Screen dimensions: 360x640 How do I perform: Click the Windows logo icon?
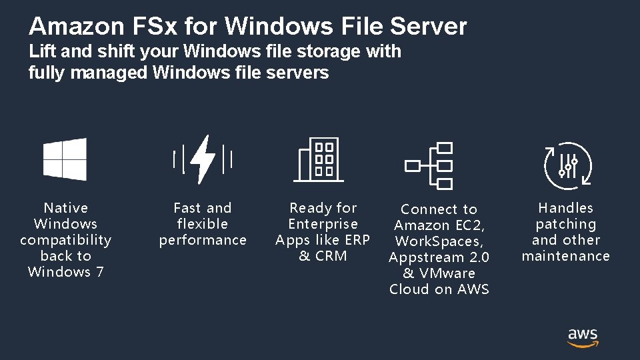(65, 160)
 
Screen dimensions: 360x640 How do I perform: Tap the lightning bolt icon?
(203, 160)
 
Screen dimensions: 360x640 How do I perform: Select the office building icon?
(319, 160)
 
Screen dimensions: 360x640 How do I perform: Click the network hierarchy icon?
(429, 165)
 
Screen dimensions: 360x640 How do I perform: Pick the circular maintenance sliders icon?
(567, 163)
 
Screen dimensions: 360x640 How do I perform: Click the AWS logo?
(583, 337)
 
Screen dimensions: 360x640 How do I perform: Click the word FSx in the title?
(148, 27)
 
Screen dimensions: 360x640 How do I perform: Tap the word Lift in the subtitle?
(41, 51)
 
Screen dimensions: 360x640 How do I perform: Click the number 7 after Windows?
(100, 272)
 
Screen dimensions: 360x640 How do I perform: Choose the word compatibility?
(65, 240)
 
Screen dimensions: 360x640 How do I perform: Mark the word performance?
(203, 240)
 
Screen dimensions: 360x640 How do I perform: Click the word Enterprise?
(323, 224)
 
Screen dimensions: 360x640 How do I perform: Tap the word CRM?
(332, 256)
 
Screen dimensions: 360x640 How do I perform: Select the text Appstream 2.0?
(439, 257)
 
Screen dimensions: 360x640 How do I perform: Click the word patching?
(566, 225)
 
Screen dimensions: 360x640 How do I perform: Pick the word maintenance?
(566, 256)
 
